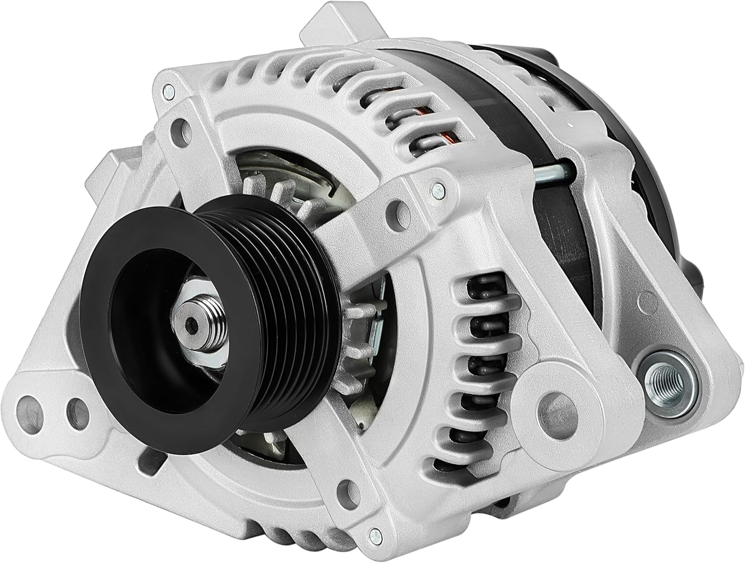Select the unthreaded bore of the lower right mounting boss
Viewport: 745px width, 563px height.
[555, 408]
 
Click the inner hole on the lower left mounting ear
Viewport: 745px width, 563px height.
[76, 409]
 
